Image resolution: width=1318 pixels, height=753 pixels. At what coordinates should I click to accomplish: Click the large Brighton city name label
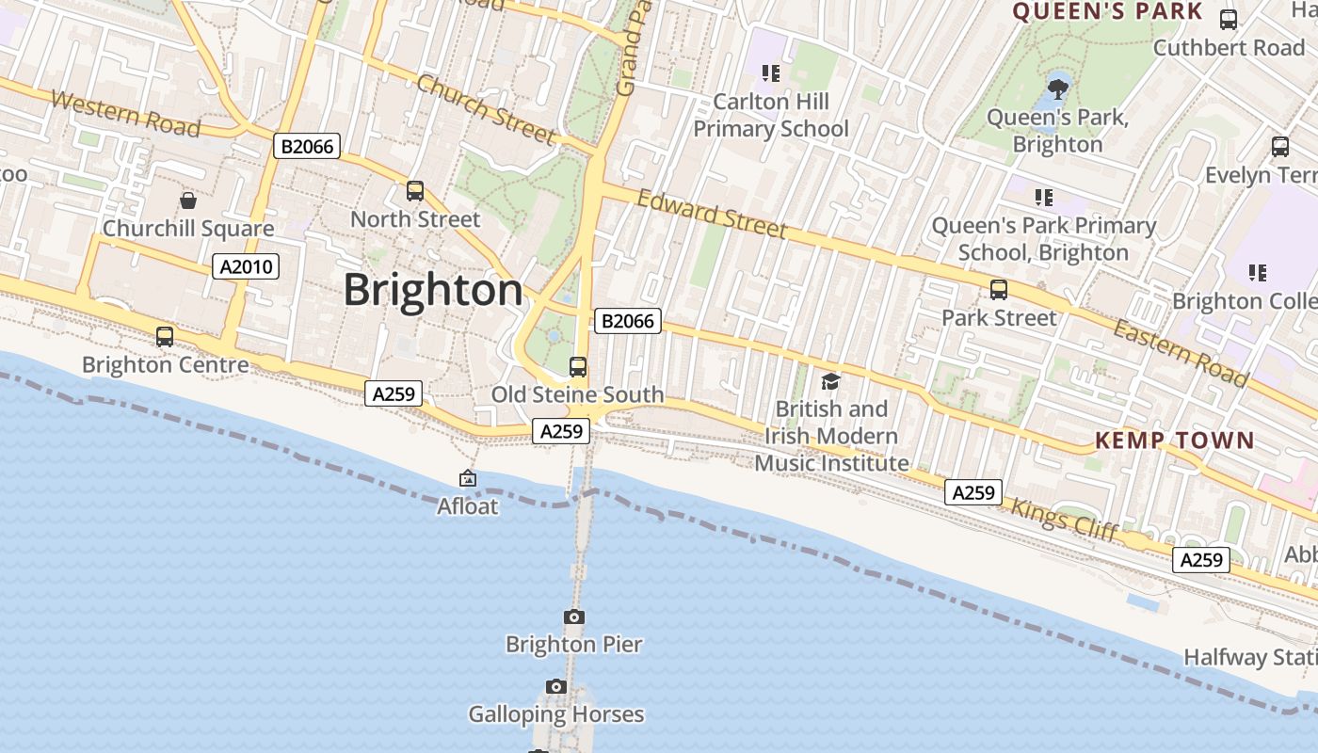(x=432, y=290)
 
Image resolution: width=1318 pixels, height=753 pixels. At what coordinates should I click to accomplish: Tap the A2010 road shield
(x=246, y=267)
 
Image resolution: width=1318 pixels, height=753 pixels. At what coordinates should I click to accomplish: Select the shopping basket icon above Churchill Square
(x=188, y=200)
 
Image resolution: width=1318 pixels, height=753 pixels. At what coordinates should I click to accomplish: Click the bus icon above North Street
(x=415, y=191)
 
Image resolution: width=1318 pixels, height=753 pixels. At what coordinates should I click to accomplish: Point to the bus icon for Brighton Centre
(x=165, y=336)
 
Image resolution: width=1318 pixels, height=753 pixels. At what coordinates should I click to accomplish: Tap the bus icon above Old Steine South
(x=578, y=367)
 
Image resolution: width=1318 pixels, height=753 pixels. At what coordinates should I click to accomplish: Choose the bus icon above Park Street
(x=999, y=290)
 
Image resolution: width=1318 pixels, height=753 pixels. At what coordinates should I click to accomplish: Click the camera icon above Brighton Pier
(x=574, y=617)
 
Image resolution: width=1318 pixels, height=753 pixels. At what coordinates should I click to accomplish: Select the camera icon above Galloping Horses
(x=556, y=687)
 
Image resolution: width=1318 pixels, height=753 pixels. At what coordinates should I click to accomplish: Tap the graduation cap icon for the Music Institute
(x=830, y=381)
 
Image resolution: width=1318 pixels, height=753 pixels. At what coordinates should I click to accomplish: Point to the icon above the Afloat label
(x=467, y=479)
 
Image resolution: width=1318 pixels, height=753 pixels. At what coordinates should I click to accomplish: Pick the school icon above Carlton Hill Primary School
(x=771, y=72)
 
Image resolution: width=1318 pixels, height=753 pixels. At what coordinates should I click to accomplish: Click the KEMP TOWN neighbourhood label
(x=1174, y=440)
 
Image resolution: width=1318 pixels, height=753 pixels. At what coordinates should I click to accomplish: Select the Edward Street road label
(x=712, y=214)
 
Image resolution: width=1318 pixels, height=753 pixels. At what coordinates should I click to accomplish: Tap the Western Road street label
(x=125, y=113)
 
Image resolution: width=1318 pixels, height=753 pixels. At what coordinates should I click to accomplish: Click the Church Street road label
(x=486, y=109)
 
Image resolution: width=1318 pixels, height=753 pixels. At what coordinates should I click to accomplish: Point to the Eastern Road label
(x=1181, y=353)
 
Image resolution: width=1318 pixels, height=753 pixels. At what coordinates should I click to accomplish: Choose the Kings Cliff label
(x=1064, y=519)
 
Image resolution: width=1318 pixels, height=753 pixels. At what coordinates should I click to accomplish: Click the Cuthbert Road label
(x=1229, y=48)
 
